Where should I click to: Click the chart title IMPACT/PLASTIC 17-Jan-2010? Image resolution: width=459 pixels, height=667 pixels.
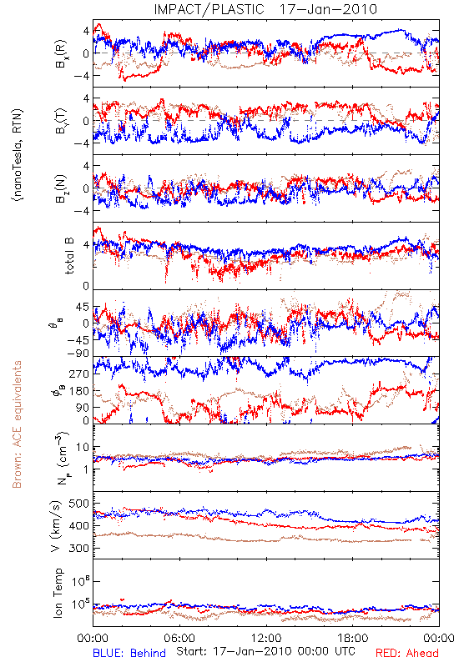pos(265,9)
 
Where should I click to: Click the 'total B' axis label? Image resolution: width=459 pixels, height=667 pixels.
pos(69,256)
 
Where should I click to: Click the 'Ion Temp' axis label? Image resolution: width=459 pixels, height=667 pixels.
pos(58,593)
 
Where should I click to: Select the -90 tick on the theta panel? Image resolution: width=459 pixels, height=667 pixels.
pos(79,353)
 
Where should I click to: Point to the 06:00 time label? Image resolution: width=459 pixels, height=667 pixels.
pos(179,638)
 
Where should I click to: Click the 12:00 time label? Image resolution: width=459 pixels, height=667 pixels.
pos(266,638)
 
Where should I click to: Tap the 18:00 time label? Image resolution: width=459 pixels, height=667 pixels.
pos(353,638)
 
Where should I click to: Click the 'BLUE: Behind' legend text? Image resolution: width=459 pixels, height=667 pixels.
pos(129,653)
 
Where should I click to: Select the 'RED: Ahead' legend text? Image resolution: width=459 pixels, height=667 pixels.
pos(406,653)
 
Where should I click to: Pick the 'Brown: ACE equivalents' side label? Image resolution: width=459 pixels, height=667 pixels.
pos(17,424)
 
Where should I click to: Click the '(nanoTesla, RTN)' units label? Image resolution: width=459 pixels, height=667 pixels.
pos(18,155)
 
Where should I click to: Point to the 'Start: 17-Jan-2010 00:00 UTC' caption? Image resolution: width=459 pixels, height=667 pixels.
pos(265,651)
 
